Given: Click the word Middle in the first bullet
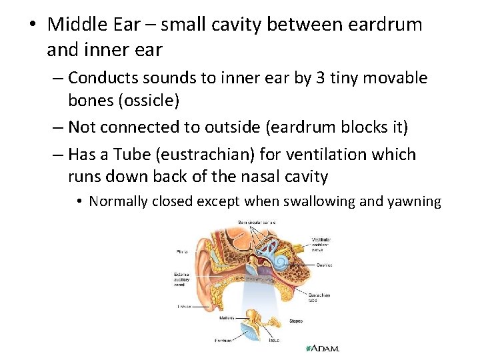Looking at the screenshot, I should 76,25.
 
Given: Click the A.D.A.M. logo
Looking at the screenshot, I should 322,349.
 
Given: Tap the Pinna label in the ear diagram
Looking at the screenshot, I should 181,252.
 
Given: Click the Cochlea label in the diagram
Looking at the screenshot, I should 325,265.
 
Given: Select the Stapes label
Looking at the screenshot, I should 295,321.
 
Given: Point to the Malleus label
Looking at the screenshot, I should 226,318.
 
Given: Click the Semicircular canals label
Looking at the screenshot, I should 257,222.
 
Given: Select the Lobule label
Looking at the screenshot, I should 183,307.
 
